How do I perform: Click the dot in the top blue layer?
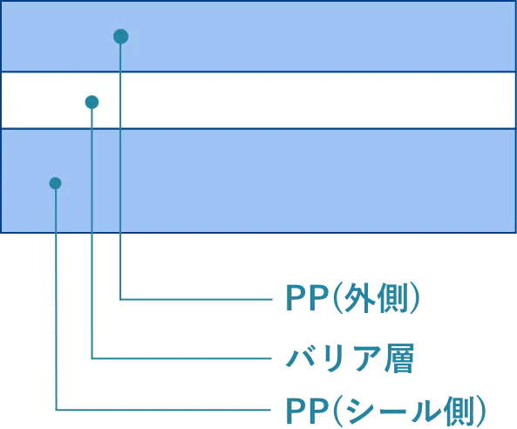pos(120,37)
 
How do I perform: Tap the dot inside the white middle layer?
pos(92,102)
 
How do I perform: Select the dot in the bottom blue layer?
pos(55,183)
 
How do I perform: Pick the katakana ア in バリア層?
pos(364,358)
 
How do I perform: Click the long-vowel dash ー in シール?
pos(392,411)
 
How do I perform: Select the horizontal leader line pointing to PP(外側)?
pos(196,299)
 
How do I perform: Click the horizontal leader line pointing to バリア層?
pos(181,358)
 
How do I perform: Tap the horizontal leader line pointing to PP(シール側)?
pos(163,410)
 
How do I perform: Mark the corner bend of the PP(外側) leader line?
pos(120,299)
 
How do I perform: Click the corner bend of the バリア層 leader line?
pos(92,358)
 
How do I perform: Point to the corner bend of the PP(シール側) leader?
pos(56,410)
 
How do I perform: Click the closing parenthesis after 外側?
pos(416,299)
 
